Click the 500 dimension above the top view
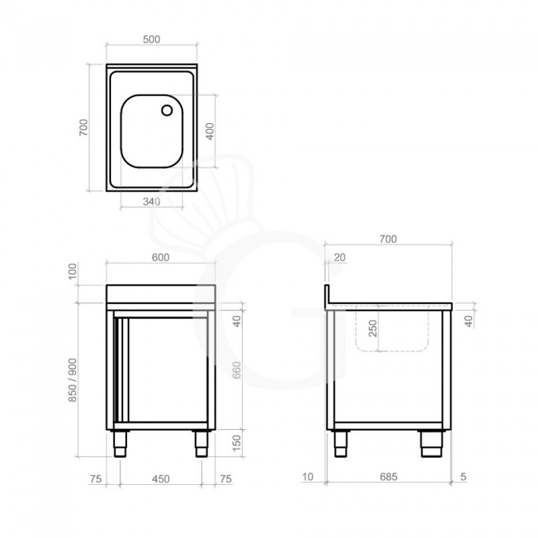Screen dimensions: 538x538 [151, 39]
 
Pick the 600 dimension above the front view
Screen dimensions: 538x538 [160, 256]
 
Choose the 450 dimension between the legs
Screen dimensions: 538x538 [160, 479]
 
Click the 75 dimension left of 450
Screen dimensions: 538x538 [95, 479]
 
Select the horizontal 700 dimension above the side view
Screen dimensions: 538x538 [388, 239]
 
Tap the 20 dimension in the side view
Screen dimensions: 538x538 [338, 258]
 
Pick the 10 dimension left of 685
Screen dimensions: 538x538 [309, 477]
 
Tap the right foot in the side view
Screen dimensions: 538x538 [430, 444]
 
